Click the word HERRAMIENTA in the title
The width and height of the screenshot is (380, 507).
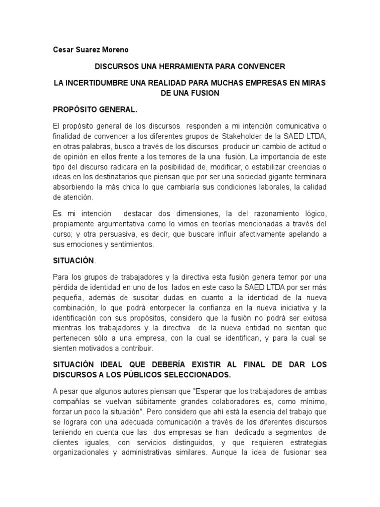click(171, 66)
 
